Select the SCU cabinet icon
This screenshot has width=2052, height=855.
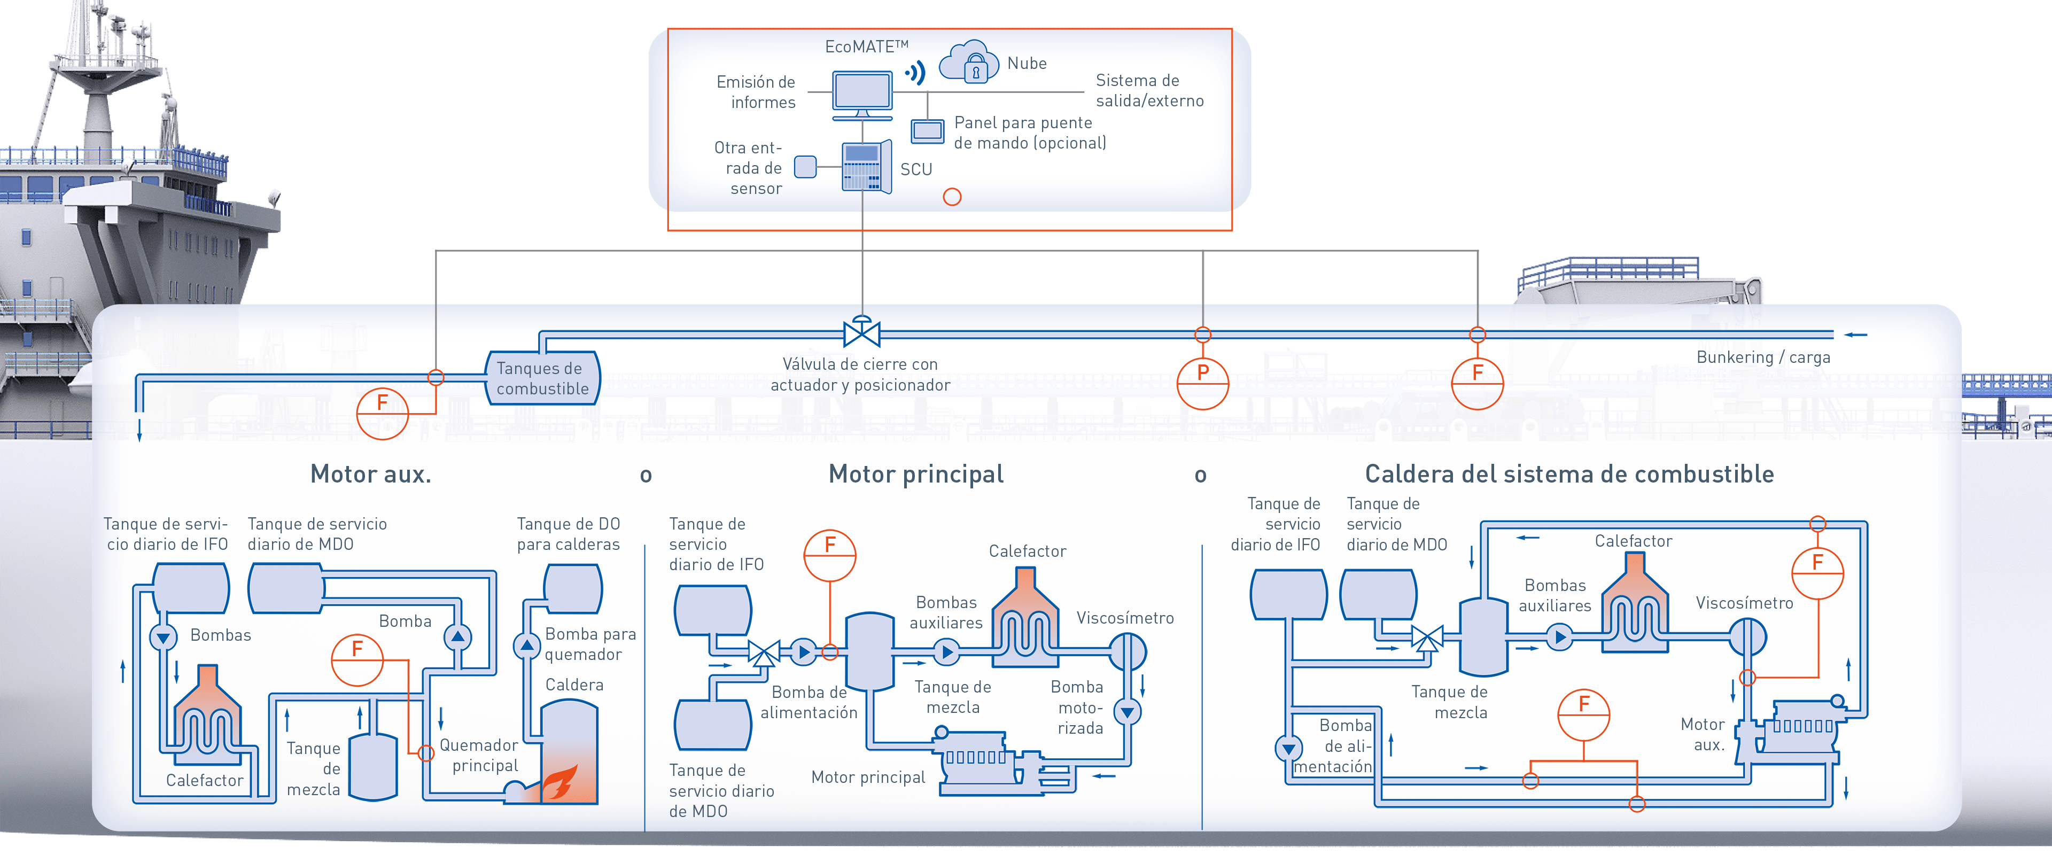pyautogui.click(x=866, y=167)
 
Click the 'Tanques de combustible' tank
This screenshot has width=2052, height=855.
pyautogui.click(x=542, y=378)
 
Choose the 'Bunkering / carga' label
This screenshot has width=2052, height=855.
pyautogui.click(x=1763, y=357)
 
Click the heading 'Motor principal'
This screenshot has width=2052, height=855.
pyautogui.click(x=916, y=474)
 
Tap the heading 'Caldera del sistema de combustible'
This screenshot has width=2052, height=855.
pyautogui.click(x=1569, y=474)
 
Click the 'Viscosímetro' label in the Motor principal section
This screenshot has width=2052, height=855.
pyautogui.click(x=1125, y=618)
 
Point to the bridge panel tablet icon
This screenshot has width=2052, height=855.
pyautogui.click(x=927, y=131)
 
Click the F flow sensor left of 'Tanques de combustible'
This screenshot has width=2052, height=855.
pyautogui.click(x=383, y=413)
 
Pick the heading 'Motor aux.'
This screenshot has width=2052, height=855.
pyautogui.click(x=370, y=474)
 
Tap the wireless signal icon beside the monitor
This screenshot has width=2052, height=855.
pyautogui.click(x=916, y=73)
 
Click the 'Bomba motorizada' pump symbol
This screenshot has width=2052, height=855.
pyautogui.click(x=1127, y=711)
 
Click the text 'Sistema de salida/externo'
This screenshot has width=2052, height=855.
pyautogui.click(x=1149, y=90)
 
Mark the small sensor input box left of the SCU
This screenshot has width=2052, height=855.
pyautogui.click(x=805, y=167)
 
